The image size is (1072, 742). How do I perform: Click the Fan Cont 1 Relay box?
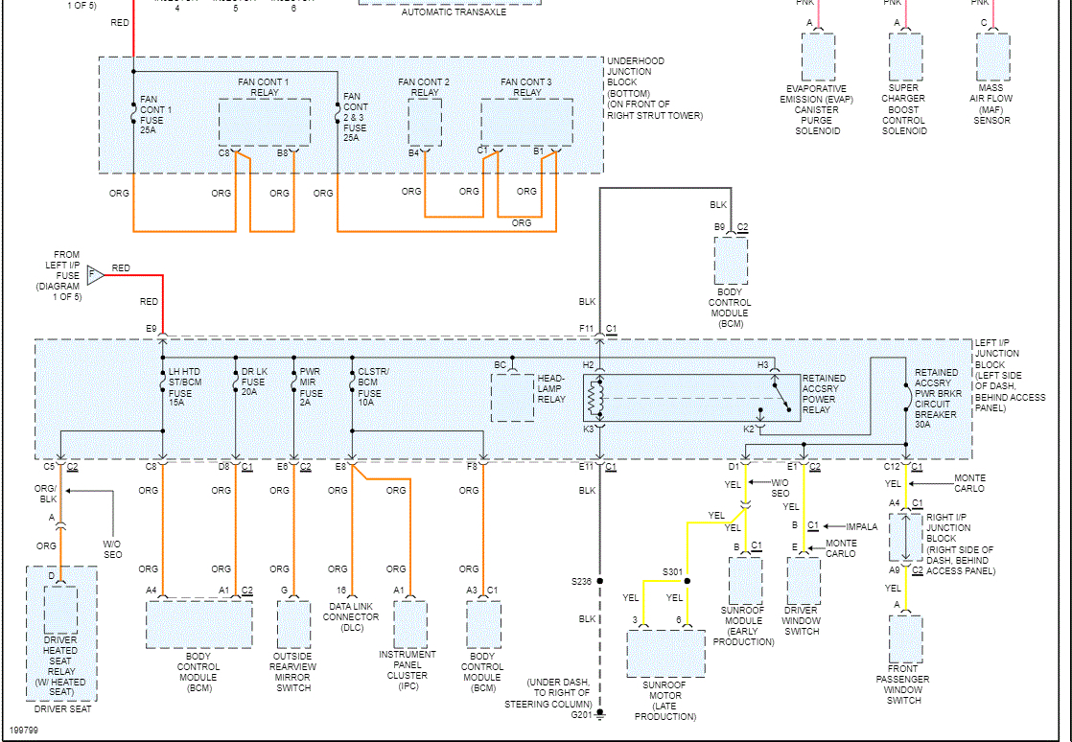[x=264, y=123]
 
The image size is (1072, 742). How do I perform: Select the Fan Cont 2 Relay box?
[x=425, y=121]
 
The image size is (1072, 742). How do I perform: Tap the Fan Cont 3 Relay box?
[x=526, y=122]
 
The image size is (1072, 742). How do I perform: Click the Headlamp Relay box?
[x=512, y=398]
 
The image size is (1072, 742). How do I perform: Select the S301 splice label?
[x=672, y=572]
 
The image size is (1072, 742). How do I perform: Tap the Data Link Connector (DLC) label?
[x=351, y=617]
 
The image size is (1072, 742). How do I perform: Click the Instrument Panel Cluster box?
[x=410, y=625]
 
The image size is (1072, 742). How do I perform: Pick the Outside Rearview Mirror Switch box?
[x=293, y=625]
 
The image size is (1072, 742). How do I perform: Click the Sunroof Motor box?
[x=665, y=654]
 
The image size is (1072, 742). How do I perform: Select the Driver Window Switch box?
[x=803, y=578]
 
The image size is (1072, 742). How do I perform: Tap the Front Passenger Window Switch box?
[x=905, y=640]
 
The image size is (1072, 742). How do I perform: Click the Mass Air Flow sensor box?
[x=992, y=57]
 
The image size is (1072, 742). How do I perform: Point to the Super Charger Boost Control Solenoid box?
[x=904, y=57]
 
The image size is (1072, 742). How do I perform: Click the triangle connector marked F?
[x=95, y=275]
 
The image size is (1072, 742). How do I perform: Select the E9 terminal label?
[x=151, y=329]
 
